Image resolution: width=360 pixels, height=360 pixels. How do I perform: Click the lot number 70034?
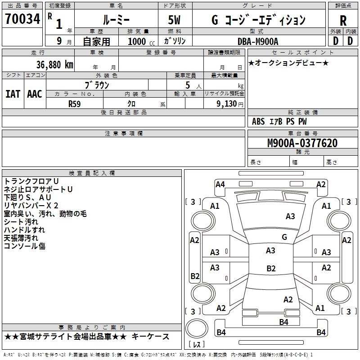tap(22, 19)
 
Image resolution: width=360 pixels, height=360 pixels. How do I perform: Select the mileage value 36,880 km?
tap(54, 65)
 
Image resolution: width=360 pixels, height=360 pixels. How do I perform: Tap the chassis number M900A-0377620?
tap(302, 143)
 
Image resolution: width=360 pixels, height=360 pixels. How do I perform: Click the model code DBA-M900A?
tap(258, 41)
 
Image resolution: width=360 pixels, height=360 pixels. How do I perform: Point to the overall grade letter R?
tap(343, 21)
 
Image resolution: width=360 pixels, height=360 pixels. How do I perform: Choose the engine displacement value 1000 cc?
tap(141, 41)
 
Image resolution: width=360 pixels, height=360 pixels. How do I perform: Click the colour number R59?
tap(74, 104)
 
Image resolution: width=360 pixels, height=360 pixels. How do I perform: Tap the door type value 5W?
tap(174, 20)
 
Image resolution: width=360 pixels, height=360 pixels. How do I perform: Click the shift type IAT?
tap(13, 94)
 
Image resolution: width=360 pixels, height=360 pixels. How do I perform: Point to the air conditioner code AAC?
tap(35, 94)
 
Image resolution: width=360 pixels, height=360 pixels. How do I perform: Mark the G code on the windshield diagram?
tap(284, 237)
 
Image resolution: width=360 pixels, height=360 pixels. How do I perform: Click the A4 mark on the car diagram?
tap(220, 184)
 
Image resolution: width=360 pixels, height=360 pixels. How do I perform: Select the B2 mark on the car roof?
tap(271, 268)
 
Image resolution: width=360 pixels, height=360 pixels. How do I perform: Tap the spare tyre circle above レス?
tap(197, 328)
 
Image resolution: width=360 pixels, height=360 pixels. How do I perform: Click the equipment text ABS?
tap(258, 121)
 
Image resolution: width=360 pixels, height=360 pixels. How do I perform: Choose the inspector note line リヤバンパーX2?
tap(31, 206)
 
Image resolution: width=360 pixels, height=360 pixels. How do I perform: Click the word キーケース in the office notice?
tap(150, 337)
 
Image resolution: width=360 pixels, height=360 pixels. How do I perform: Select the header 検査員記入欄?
tap(92, 173)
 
